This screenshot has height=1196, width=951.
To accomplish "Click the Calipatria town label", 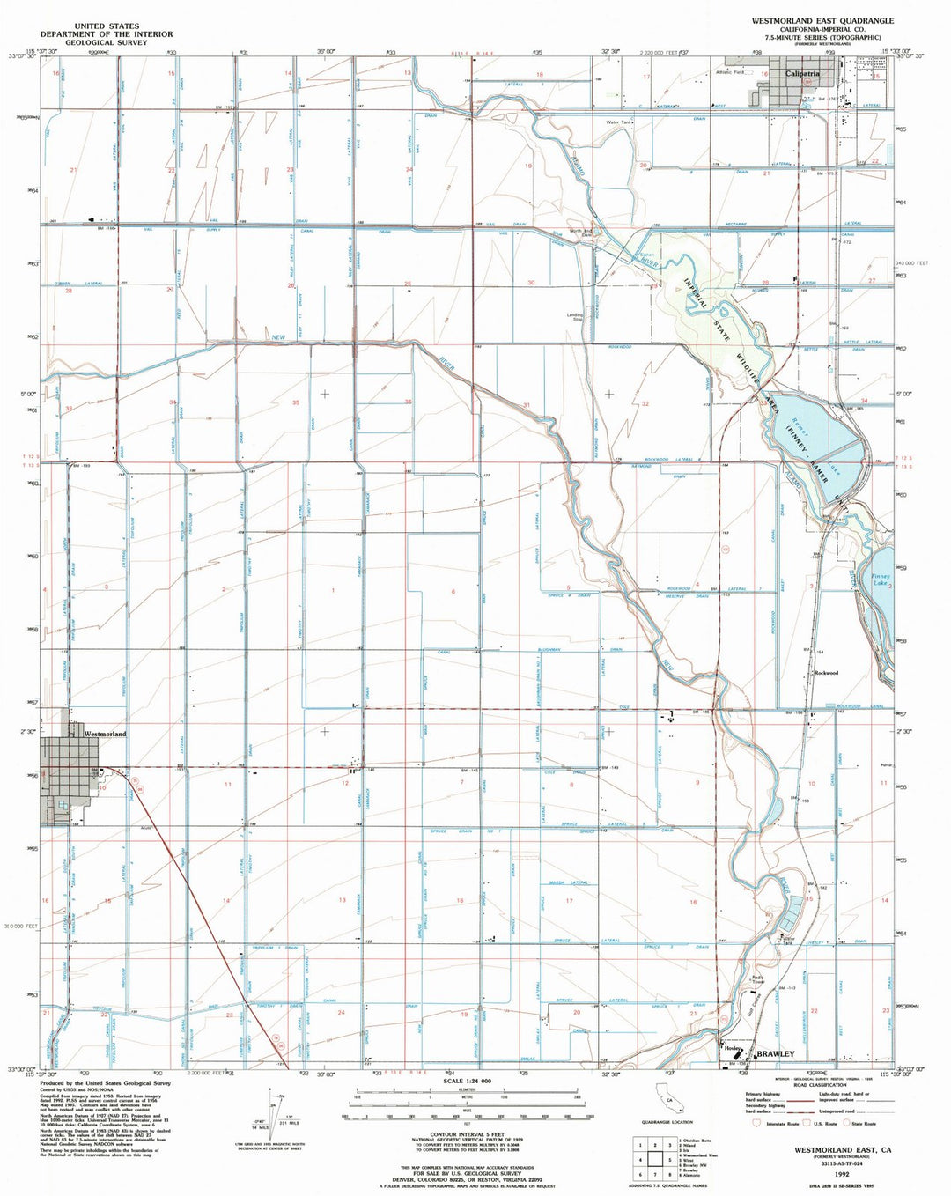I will tap(802, 74).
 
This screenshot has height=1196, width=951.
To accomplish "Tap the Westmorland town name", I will tap(105, 734).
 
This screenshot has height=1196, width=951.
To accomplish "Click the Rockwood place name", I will tap(826, 673).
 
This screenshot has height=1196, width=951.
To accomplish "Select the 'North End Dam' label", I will tap(581, 233).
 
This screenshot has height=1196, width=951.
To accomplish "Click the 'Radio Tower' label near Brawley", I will tap(757, 978).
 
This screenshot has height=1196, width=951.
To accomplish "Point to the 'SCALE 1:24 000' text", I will tap(467, 1082).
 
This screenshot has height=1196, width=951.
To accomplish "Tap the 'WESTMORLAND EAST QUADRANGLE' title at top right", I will tap(822, 20).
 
